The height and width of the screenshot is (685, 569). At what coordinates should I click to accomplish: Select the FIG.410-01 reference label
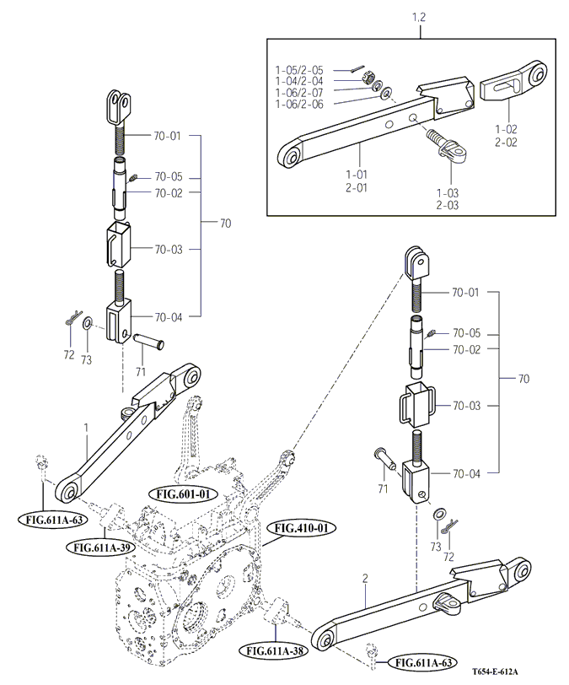pos(301,528)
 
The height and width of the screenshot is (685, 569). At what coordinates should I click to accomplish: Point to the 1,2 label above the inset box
pos(420,16)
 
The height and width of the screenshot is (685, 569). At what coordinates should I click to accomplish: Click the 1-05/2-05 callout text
pos(298,69)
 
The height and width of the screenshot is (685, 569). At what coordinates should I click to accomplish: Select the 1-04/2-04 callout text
pos(298,80)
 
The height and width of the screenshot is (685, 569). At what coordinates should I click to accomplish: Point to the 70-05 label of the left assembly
pos(168,178)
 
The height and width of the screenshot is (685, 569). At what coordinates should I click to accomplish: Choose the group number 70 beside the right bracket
pos(524,379)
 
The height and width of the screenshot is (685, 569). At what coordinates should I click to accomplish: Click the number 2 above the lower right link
pos(365,580)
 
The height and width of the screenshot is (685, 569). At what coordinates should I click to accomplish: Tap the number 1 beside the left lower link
pos(86,428)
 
